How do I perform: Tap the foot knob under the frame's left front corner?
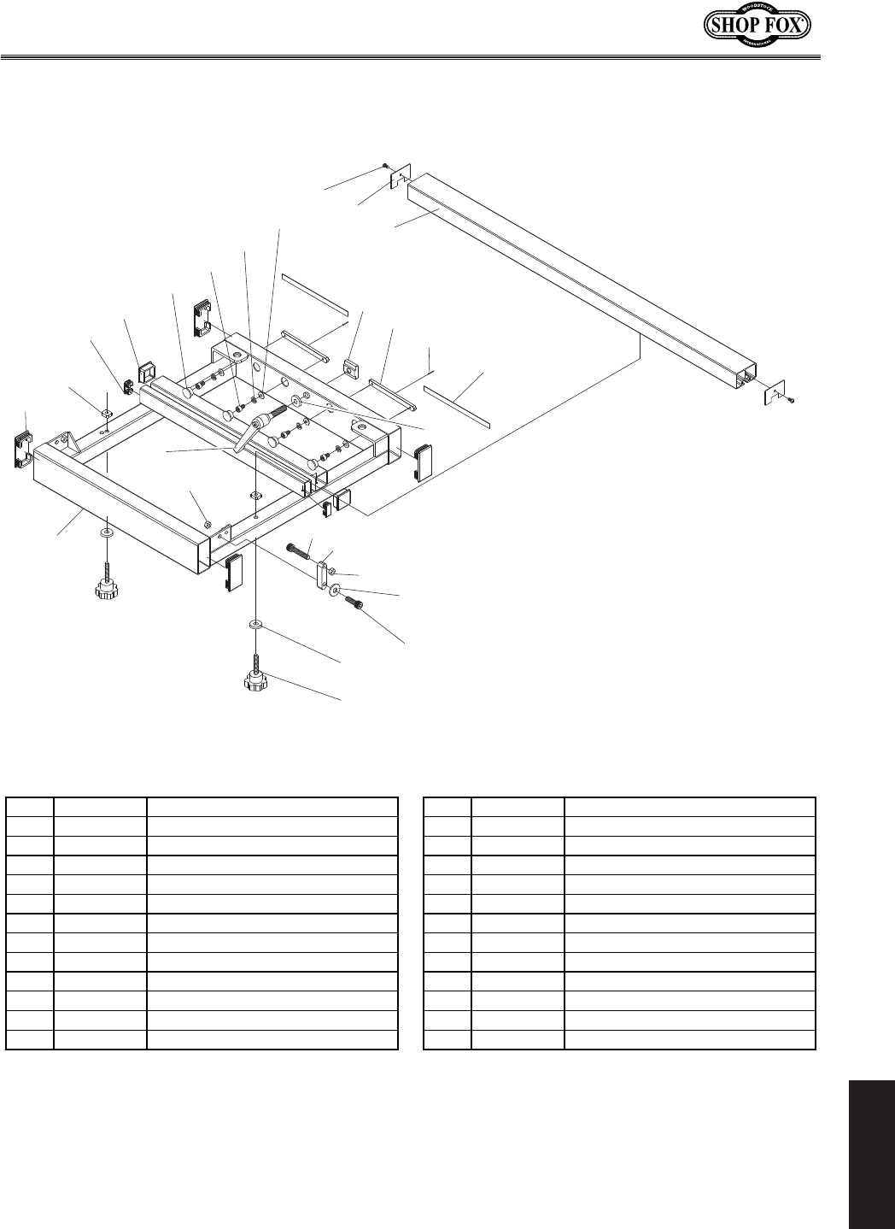[107, 589]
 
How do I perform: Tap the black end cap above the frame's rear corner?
[202, 315]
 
